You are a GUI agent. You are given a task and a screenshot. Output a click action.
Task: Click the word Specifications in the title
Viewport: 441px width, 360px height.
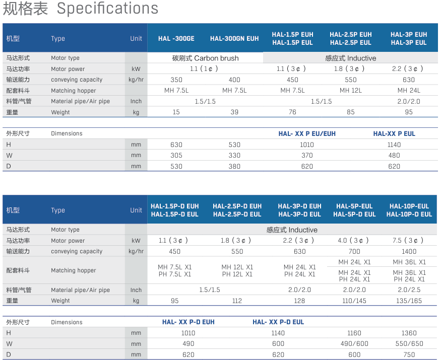tap(107, 9)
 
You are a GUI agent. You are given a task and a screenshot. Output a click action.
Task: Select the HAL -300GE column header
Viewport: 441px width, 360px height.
tap(176, 38)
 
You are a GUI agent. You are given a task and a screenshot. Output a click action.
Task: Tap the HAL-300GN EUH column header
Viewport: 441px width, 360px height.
tap(234, 38)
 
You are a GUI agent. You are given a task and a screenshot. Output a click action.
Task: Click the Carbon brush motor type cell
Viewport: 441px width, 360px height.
tap(205, 58)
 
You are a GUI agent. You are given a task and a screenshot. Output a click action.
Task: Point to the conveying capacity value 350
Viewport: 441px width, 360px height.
tap(176, 80)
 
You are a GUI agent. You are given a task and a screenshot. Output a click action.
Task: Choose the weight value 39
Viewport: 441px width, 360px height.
tap(234, 112)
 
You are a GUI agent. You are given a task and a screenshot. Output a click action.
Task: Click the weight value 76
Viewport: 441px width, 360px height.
tap(292, 112)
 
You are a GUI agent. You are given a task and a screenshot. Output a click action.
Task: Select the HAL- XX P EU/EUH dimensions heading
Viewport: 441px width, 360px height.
tap(307, 134)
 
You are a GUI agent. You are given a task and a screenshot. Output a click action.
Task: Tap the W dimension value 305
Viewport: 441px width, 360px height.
tap(176, 156)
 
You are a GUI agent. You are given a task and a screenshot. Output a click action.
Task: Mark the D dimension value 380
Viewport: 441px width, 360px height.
tap(234, 166)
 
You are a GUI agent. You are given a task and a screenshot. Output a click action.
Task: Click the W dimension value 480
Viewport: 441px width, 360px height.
tap(394, 156)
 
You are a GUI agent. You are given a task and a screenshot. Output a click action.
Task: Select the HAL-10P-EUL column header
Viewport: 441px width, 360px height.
tap(409, 206)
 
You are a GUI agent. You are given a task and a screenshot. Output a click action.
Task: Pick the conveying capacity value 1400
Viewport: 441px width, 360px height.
tap(409, 252)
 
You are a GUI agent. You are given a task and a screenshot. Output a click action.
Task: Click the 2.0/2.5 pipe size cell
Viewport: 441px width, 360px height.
tap(409, 290)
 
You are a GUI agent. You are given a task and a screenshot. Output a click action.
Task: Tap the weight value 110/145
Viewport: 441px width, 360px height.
tap(354, 301)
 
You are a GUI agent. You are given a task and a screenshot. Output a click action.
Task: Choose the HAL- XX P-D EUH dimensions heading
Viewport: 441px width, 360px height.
tap(188, 322)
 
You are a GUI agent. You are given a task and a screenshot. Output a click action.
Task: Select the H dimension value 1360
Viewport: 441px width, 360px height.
tap(409, 333)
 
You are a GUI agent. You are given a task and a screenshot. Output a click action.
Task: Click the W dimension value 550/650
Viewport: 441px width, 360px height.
tap(409, 344)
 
